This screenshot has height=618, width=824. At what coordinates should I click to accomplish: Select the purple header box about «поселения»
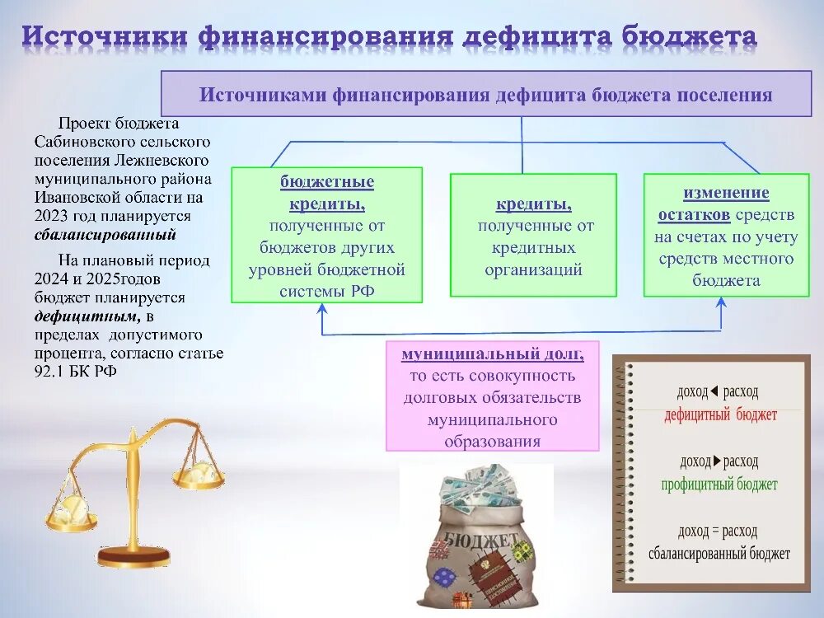point(485,93)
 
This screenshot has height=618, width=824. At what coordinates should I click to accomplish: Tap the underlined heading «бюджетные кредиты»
point(327,192)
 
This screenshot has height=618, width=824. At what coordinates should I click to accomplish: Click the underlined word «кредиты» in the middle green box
point(533,204)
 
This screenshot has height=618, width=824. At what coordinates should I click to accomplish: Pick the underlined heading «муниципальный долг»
point(492,354)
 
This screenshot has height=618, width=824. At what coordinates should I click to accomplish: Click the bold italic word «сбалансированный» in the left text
point(105,235)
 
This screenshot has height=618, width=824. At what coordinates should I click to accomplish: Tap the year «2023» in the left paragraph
point(52,216)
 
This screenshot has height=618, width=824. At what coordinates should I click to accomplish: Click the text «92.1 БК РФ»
point(76,372)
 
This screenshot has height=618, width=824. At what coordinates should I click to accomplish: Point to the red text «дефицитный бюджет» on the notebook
point(720,415)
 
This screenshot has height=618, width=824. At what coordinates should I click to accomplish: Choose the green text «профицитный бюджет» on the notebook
point(719,485)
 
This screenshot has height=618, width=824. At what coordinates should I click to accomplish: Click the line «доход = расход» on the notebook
point(717,531)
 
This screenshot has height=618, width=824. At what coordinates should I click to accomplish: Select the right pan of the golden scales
point(198,477)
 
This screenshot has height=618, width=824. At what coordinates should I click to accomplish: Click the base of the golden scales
point(133,556)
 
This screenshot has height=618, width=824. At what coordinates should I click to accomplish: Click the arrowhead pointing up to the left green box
point(323,308)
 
